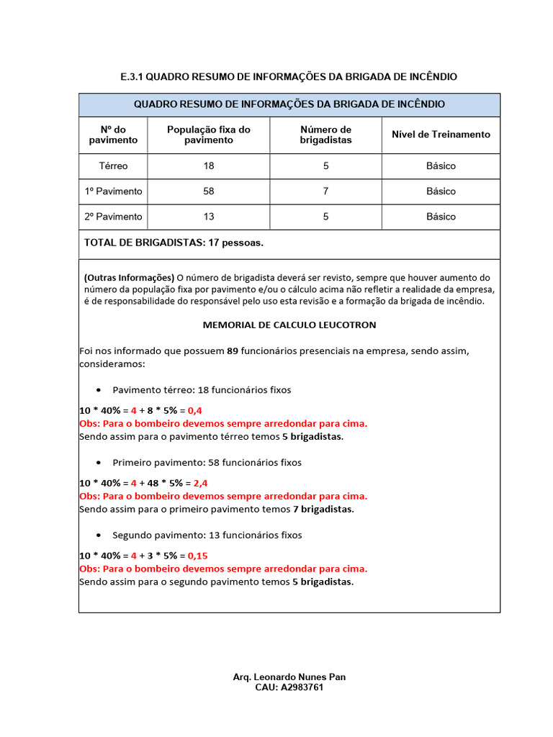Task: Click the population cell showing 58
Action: tap(209, 191)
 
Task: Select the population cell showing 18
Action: tap(209, 166)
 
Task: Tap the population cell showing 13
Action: tap(209, 217)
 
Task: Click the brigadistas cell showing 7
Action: tap(325, 191)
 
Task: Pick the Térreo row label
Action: tap(113, 166)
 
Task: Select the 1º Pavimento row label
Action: tap(113, 191)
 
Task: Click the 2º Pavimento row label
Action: tap(113, 217)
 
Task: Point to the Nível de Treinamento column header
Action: tap(441, 135)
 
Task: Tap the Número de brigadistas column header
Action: tap(325, 135)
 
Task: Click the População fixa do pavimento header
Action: tap(209, 135)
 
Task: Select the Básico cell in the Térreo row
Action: tap(441, 166)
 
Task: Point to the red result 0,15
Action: tap(198, 556)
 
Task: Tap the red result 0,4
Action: tap(195, 410)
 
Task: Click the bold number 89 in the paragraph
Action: tap(232, 351)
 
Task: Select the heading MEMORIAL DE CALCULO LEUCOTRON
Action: tap(289, 325)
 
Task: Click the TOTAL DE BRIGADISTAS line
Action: tap(174, 243)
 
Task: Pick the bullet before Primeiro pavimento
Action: tap(98, 463)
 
